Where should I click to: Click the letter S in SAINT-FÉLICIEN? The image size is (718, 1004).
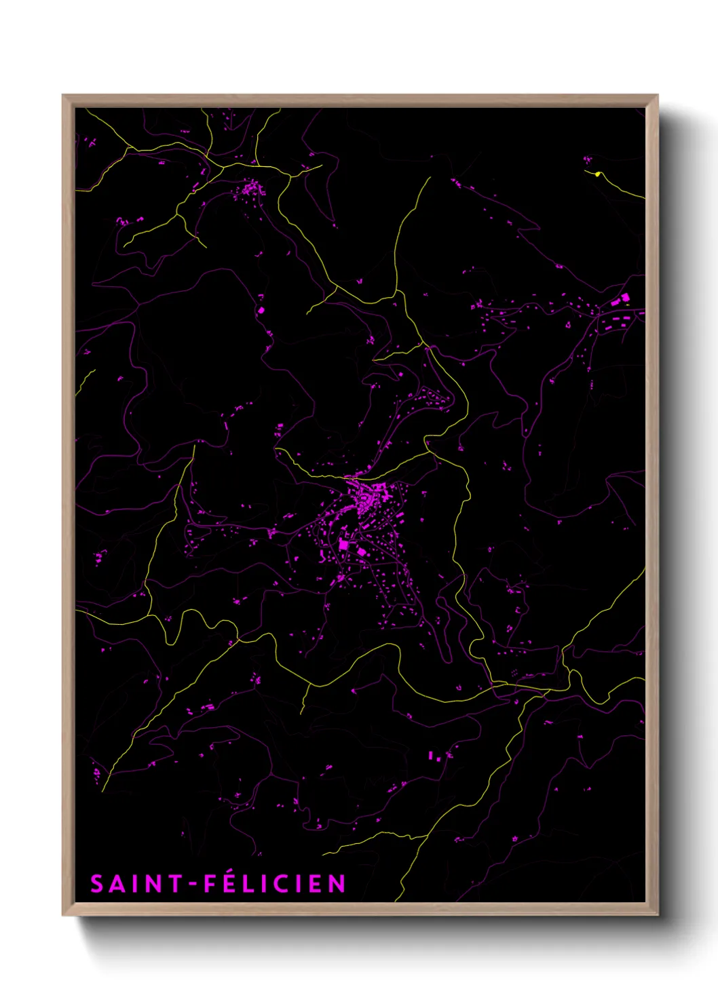pyautogui.click(x=97, y=884)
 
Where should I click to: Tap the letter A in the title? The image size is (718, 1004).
pyautogui.click(x=118, y=884)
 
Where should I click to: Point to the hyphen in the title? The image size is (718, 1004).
pyautogui.click(x=193, y=884)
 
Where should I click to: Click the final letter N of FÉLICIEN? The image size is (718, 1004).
pyautogui.click(x=337, y=884)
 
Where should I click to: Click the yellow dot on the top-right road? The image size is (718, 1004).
pyautogui.click(x=597, y=174)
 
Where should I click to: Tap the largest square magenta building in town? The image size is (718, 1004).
pyautogui.click(x=343, y=544)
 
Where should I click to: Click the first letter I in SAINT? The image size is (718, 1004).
pyautogui.click(x=136, y=884)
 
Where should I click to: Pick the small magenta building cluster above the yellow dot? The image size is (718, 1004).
pyautogui.click(x=588, y=160)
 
